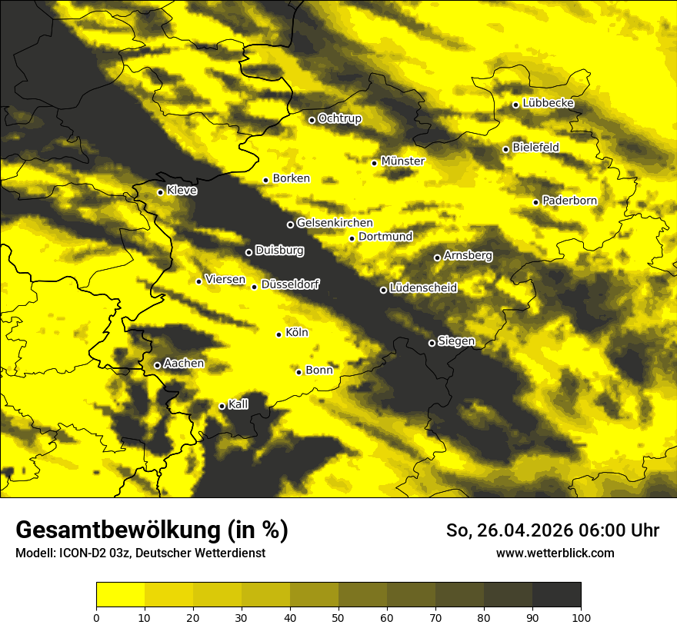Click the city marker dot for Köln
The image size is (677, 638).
point(279,334)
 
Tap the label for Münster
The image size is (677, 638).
point(403,161)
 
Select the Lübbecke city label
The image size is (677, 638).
point(548,103)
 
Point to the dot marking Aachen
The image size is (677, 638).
point(158,365)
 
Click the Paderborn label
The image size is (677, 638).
point(569,201)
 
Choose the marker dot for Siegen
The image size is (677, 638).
point(432,343)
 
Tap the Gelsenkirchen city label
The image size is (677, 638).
point(335,223)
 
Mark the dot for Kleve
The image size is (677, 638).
point(161,192)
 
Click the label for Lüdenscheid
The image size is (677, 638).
point(423,288)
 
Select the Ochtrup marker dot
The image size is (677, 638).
point(312,120)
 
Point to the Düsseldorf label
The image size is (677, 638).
point(289,284)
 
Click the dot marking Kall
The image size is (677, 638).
point(222,407)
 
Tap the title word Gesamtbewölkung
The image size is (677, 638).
point(120,530)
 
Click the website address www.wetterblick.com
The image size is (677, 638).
point(555,553)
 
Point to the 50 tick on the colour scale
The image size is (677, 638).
point(338,617)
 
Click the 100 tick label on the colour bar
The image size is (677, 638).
point(581,617)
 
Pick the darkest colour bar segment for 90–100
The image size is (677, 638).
point(556,594)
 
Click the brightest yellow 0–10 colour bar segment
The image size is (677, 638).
point(120,594)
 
